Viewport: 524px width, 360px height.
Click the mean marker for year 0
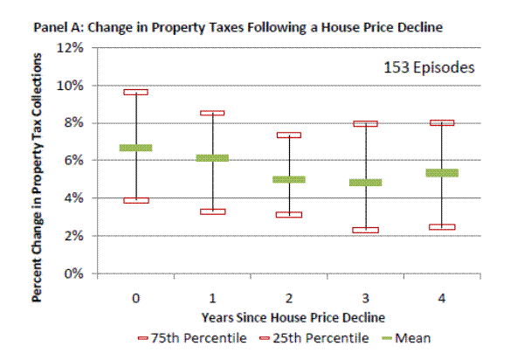coord(136,148)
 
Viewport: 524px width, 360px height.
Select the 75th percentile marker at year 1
coord(212,113)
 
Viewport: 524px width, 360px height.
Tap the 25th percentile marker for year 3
coord(366,230)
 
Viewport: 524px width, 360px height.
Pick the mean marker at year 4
coord(443,173)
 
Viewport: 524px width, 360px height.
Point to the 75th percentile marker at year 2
coord(289,135)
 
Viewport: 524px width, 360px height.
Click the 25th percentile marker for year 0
coord(136,200)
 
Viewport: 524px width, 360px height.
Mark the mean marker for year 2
coord(289,179)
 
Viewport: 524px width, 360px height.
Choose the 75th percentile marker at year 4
coord(443,123)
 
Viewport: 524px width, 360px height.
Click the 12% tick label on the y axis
coord(69,48)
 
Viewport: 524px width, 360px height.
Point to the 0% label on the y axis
coord(72,273)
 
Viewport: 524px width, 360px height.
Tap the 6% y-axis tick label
coord(72,161)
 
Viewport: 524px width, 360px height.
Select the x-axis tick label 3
coord(366,297)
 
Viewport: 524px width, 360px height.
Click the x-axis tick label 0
coord(136,297)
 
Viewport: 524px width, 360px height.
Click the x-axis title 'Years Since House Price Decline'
coord(288,315)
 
